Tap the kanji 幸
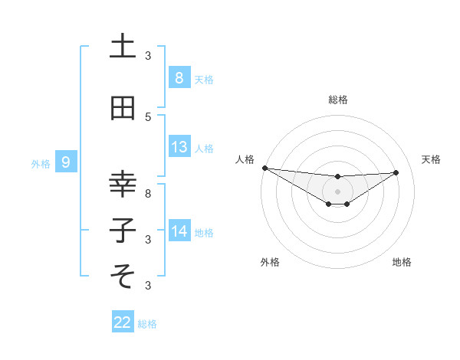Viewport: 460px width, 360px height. pyautogui.click(x=123, y=184)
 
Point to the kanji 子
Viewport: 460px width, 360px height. pyautogui.click(x=123, y=230)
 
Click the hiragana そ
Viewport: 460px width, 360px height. pyautogui.click(x=123, y=273)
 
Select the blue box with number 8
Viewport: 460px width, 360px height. pyautogui.click(x=179, y=77)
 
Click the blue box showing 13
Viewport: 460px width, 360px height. pyautogui.click(x=179, y=147)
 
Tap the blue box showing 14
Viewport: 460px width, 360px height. pyautogui.click(x=179, y=231)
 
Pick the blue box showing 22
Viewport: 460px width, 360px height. pyautogui.click(x=123, y=322)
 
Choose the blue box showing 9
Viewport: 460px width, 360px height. pyautogui.click(x=66, y=162)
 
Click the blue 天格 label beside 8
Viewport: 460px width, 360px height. pyautogui.click(x=204, y=79)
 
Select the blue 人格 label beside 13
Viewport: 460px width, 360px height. pyautogui.click(x=204, y=149)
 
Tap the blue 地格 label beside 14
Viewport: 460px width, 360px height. pyautogui.click(x=204, y=232)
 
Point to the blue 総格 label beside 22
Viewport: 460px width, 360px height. pyautogui.click(x=147, y=324)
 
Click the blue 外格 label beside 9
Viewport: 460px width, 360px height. pyautogui.click(x=41, y=163)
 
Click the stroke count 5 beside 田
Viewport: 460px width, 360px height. pyautogui.click(x=148, y=117)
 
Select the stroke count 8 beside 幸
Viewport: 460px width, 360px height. pyautogui.click(x=148, y=194)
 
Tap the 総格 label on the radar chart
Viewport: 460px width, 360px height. pyautogui.click(x=337, y=100)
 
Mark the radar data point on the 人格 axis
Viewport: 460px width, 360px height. pyautogui.click(x=264, y=168)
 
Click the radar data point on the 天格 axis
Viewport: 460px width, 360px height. pyautogui.click(x=396, y=172)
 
